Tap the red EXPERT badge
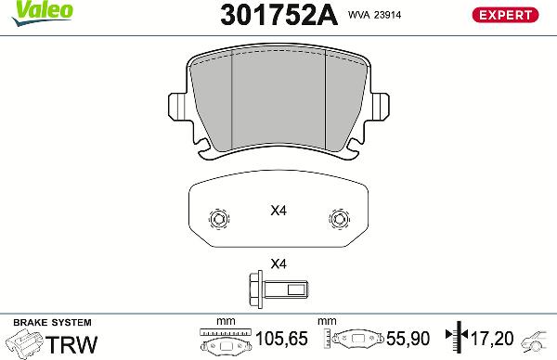pos(506,14)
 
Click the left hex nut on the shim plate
pos(219,219)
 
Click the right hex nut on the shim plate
pos(338,219)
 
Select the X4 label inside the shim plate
pos(278,211)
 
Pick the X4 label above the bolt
pos(278,264)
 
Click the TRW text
pos(71,345)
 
